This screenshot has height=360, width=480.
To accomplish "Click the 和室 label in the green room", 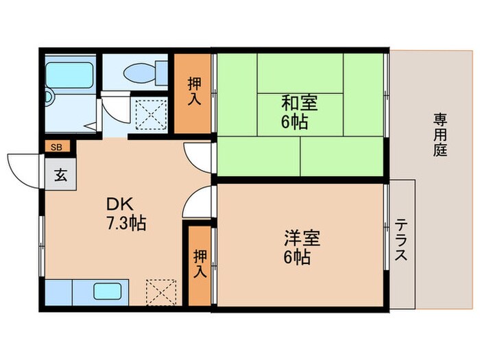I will (x=299, y=104).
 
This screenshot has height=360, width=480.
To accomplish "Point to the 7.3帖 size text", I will (x=125, y=224).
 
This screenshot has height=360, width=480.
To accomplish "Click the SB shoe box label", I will (x=56, y=146).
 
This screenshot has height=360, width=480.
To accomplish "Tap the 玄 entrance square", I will (x=60, y=174).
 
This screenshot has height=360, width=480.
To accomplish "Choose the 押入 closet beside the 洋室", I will (x=200, y=264).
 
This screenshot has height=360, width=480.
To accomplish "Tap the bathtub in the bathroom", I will (x=69, y=75).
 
